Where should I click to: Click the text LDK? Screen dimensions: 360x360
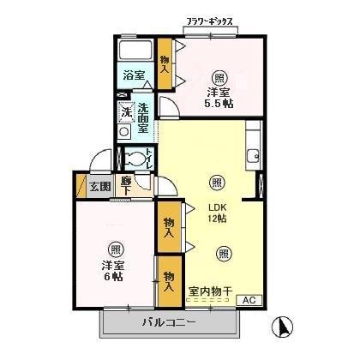217,206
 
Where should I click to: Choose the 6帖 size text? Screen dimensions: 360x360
113,276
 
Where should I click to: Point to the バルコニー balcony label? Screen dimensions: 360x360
169,324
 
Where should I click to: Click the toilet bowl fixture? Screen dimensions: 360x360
133,158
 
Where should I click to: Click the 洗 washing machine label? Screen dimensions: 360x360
125,112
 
